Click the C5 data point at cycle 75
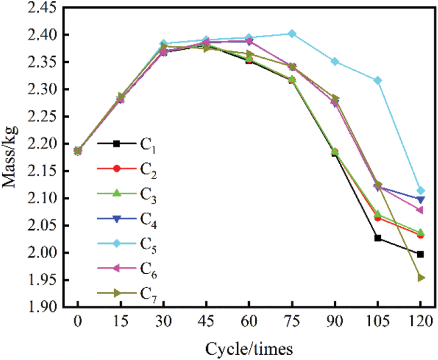(292, 33)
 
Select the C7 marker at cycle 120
(421, 278)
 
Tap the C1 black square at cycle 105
(378, 238)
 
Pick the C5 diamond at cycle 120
(421, 190)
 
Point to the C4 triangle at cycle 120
(421, 199)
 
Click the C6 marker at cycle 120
(420, 210)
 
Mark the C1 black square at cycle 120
(421, 254)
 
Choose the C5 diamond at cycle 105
(378, 80)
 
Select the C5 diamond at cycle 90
(335, 62)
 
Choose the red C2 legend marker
(117, 168)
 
